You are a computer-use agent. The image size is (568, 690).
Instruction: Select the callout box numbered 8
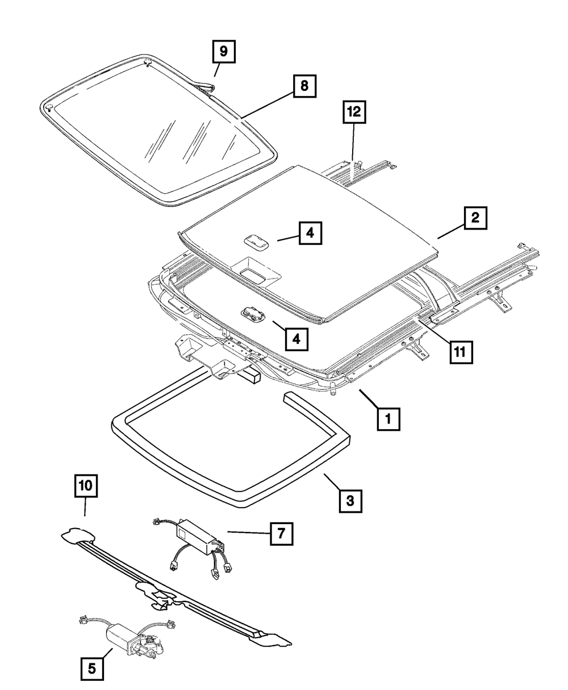pyautogui.click(x=304, y=86)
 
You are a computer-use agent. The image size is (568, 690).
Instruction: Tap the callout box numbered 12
pyautogui.click(x=354, y=113)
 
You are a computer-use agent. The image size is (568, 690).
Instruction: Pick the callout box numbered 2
pyautogui.click(x=475, y=218)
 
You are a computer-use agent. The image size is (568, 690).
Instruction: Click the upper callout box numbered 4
pyautogui.click(x=311, y=232)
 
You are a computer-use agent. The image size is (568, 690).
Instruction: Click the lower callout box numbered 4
pyautogui.click(x=296, y=339)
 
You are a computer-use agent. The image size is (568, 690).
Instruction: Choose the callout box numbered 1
pyautogui.click(x=388, y=420)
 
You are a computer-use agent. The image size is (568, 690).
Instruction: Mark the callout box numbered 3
pyautogui.click(x=350, y=501)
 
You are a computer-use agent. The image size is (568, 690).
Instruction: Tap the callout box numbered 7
pyautogui.click(x=281, y=533)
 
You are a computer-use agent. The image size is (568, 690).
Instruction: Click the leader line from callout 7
pyautogui.click(x=248, y=533)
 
